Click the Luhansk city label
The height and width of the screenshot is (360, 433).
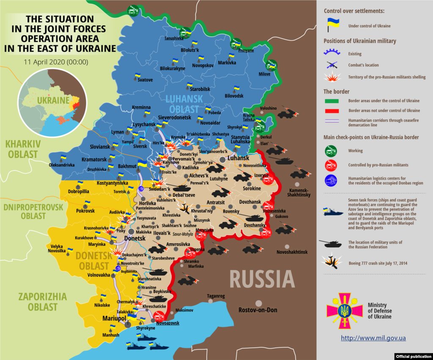click(x=238, y=158)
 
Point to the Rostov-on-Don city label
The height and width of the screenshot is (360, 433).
click(x=258, y=310)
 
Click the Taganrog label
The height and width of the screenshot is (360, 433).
click(x=216, y=296)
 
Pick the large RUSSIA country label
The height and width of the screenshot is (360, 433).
click(x=262, y=280)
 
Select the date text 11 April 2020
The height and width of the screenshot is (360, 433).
click(x=56, y=62)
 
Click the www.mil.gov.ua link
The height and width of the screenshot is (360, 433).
click(x=373, y=338)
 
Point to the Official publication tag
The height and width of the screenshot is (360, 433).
click(x=414, y=356)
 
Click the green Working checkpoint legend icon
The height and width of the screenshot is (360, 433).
click(x=331, y=151)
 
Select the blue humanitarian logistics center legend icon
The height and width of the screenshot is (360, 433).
click(x=331, y=181)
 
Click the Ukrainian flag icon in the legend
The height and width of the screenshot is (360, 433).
click(x=330, y=25)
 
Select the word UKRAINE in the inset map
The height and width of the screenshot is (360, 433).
click(x=52, y=100)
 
